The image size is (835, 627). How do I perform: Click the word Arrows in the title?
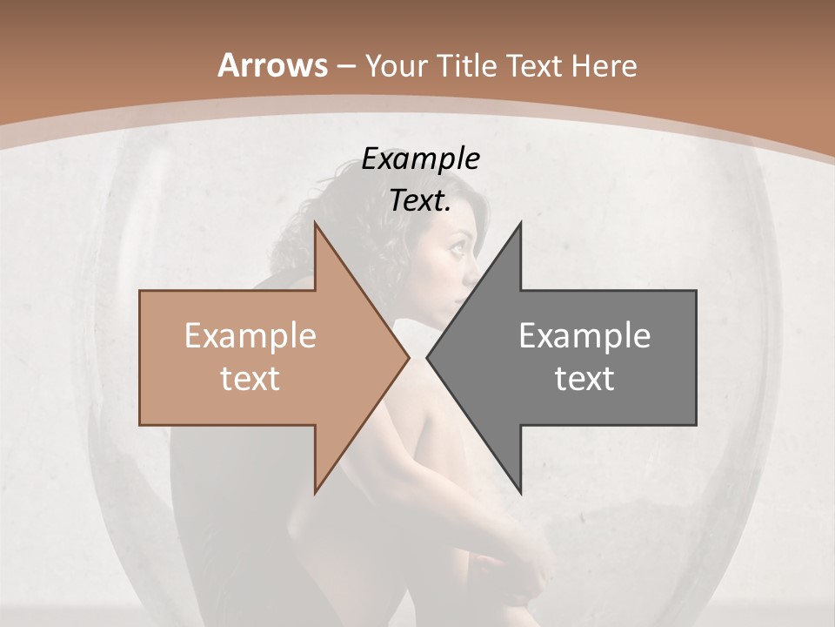tap(272, 65)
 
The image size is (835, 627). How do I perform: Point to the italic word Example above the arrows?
tap(420, 158)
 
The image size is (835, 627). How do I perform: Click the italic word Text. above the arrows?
tap(420, 201)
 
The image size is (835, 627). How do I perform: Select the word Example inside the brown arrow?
tap(250, 336)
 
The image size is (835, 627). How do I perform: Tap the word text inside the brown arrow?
tap(250, 378)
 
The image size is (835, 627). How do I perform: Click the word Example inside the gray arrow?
tap(584, 336)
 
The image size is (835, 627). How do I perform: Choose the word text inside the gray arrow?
tap(584, 378)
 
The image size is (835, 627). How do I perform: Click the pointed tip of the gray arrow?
tap(428, 358)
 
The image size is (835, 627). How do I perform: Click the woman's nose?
tap(475, 261)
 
